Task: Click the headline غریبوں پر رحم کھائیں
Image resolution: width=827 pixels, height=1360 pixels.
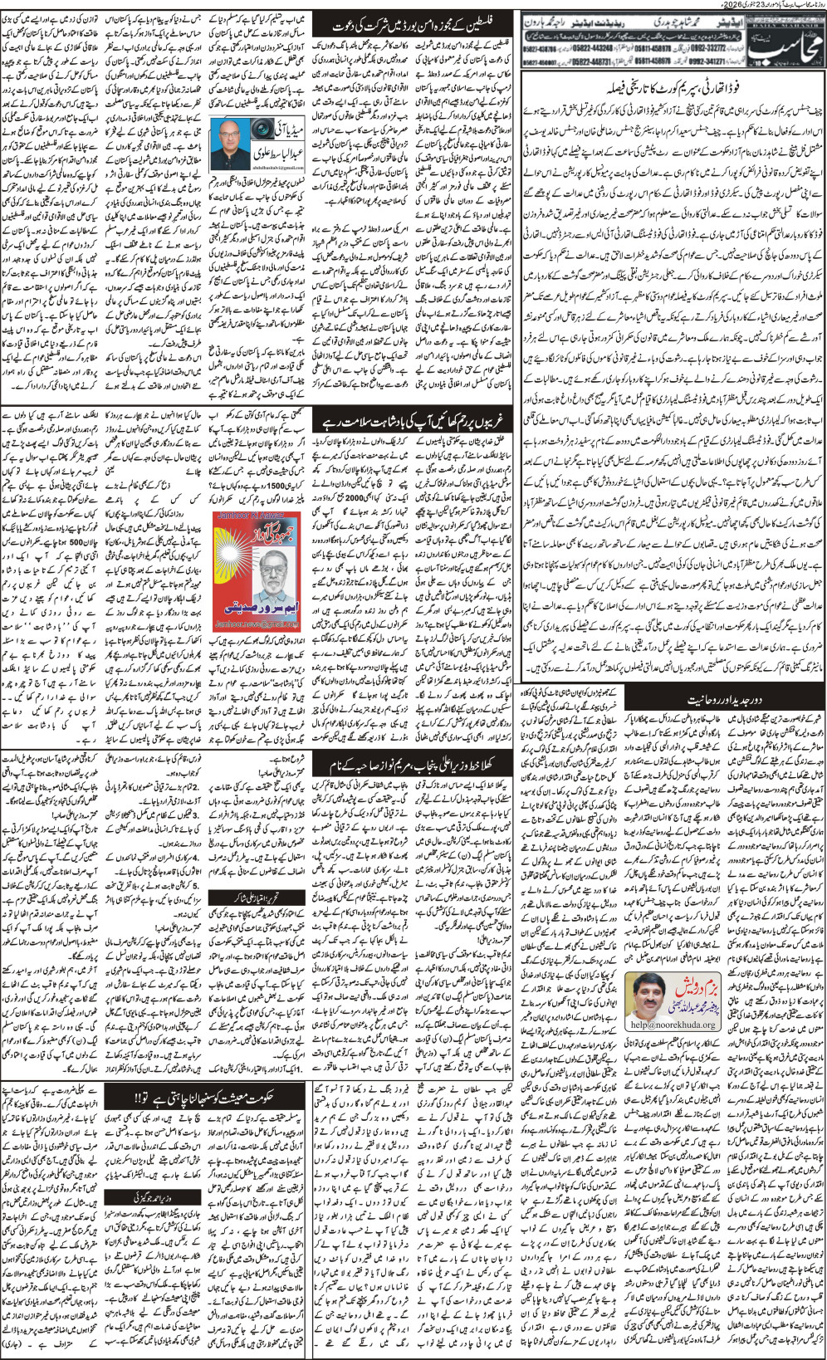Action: (x=411, y=421)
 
